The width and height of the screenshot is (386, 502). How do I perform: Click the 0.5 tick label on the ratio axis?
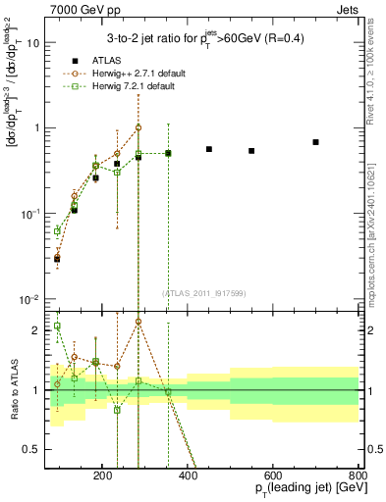[37, 449]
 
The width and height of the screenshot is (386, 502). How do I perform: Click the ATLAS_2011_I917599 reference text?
[204, 292]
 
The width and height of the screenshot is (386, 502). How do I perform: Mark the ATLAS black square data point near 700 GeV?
[315, 142]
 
